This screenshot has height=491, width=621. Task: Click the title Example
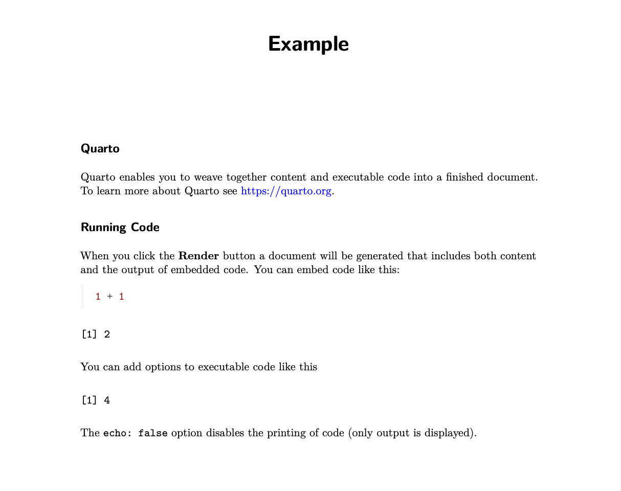coord(308,44)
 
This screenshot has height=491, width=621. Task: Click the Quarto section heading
coord(100,149)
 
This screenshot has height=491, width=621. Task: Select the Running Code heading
coord(120,228)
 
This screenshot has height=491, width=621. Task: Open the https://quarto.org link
coord(286,191)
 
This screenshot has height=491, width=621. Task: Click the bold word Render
coord(198,256)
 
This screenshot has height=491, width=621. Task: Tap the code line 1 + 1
coord(109,297)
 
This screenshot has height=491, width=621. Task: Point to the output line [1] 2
coord(96,334)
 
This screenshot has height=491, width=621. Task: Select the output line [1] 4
coord(96,400)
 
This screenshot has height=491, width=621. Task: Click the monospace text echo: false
coord(136,433)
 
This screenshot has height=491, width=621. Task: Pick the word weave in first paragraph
coord(208,177)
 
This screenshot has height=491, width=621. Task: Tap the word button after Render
coord(239,256)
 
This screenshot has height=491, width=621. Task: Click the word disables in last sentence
coord(226,433)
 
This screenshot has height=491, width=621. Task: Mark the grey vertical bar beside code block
coord(82,296)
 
